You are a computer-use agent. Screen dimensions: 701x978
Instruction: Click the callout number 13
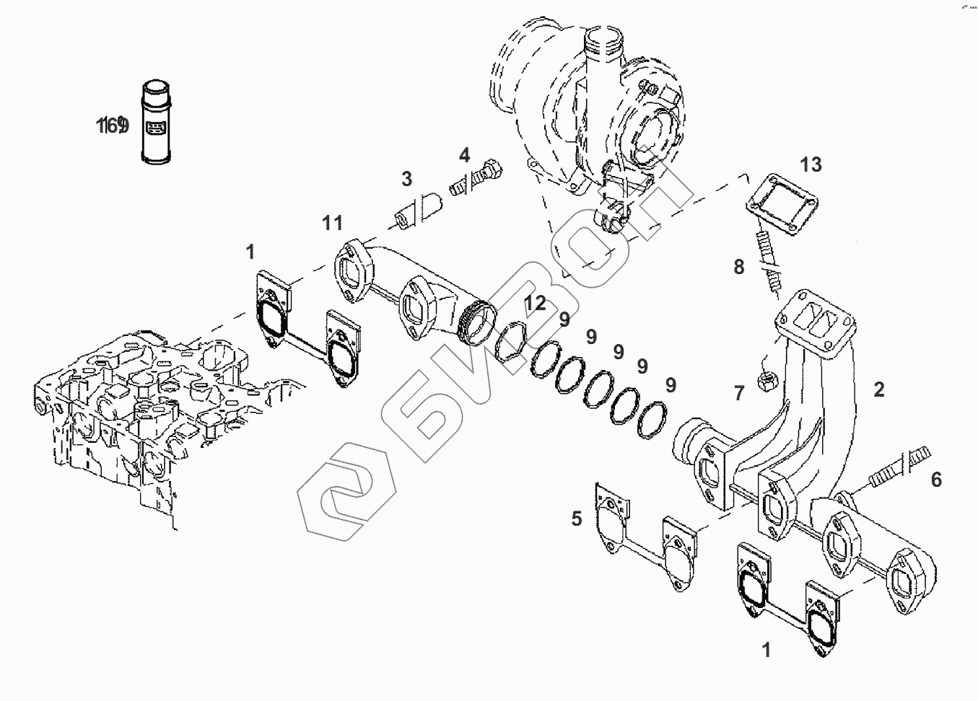pyautogui.click(x=811, y=165)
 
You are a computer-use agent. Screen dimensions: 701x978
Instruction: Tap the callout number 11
pyautogui.click(x=332, y=223)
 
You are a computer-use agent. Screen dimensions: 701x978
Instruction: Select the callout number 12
pyautogui.click(x=536, y=304)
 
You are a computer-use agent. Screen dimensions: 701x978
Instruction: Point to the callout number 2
pyautogui.click(x=878, y=390)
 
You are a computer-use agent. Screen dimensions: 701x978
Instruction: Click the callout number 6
pyautogui.click(x=936, y=480)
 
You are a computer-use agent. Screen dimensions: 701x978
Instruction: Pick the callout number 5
pyautogui.click(x=576, y=519)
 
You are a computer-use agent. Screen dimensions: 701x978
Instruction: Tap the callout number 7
pyautogui.click(x=738, y=393)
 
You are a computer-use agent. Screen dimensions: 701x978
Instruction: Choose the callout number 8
pyautogui.click(x=738, y=268)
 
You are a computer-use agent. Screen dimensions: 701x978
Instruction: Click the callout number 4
pyautogui.click(x=464, y=155)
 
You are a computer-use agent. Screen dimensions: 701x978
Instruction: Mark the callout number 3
pyautogui.click(x=407, y=178)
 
